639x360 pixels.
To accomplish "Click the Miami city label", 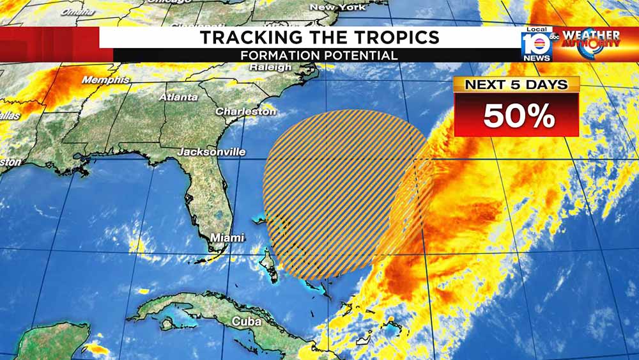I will point(227,238).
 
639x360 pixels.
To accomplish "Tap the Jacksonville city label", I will point(212,152).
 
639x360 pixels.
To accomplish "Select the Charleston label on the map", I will point(245,111).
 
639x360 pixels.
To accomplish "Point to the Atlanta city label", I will point(174,97).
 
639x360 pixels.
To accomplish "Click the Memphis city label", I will point(105,81).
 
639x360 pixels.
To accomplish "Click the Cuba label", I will point(246,322).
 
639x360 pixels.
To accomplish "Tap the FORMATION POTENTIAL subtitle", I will point(319,56).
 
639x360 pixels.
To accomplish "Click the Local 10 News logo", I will point(536,45).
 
